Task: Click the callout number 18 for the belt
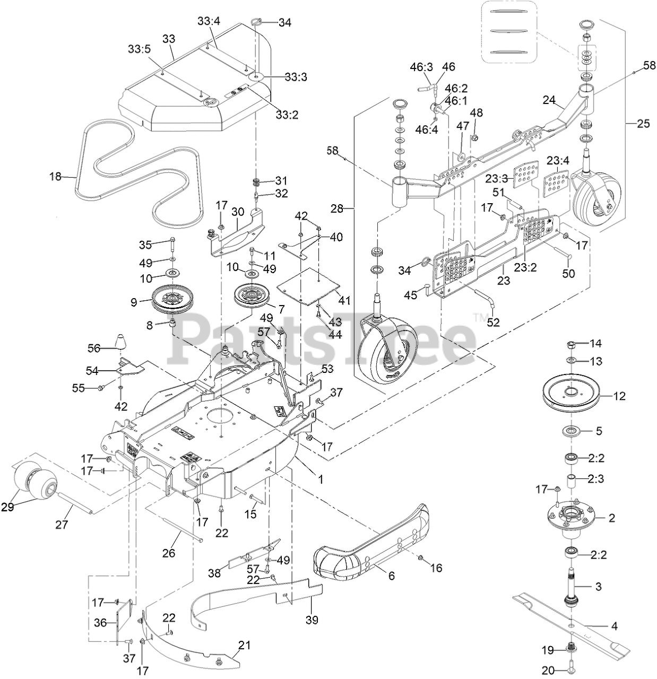(55, 177)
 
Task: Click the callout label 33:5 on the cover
(140, 48)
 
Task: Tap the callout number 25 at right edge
(643, 124)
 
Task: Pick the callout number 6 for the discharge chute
(391, 576)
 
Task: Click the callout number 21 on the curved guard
(244, 646)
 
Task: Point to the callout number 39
(312, 620)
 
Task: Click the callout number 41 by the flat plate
(344, 301)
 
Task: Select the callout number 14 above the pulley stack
(596, 343)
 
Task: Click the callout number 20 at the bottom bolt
(548, 671)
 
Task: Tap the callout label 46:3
(421, 67)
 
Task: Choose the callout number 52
(494, 322)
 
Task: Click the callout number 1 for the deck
(320, 478)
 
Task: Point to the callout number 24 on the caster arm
(549, 99)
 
